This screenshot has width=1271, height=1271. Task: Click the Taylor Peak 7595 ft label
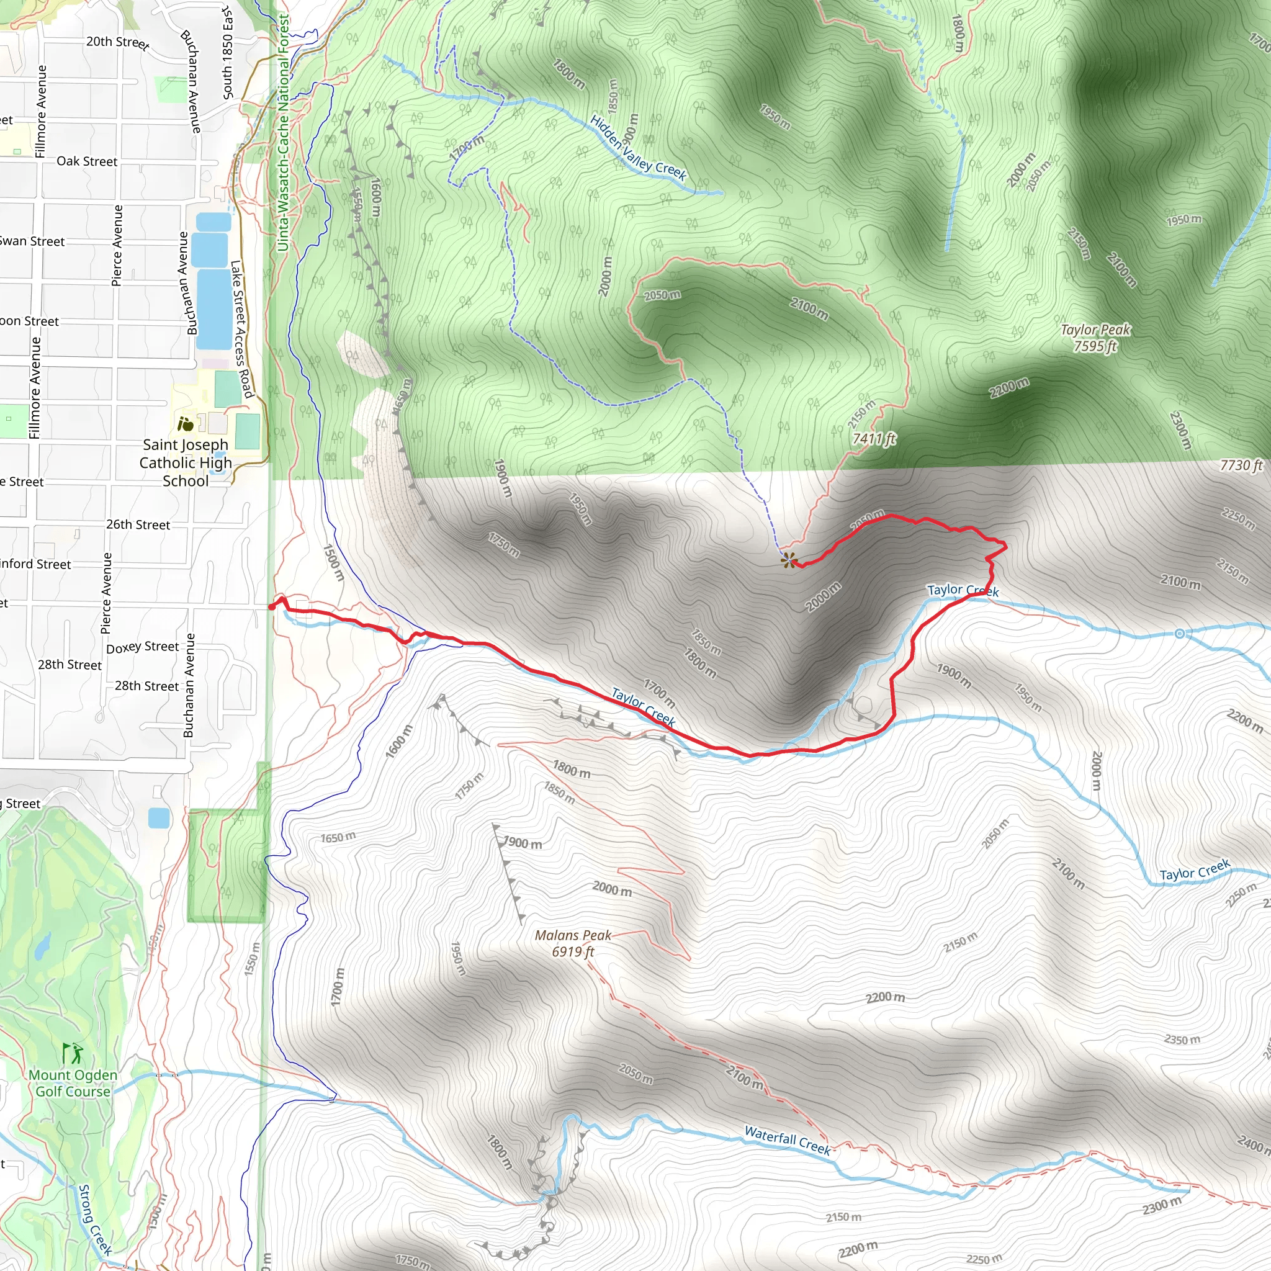tap(1095, 338)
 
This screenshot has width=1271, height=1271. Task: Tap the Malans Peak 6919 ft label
tap(572, 943)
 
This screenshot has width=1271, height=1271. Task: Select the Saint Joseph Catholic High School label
tap(186, 462)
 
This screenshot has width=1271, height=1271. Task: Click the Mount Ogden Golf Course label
tap(73, 1083)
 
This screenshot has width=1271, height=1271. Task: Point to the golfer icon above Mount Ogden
tap(73, 1053)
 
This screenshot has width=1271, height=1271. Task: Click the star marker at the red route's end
tap(788, 560)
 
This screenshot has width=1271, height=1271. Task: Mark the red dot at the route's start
tap(272, 606)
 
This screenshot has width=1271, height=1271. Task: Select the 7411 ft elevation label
tap(874, 438)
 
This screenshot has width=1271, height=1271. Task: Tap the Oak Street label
tap(87, 161)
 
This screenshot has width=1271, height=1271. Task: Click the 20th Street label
tap(118, 42)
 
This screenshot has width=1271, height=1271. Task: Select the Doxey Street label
tap(142, 647)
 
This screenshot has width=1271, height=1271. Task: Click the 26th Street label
tap(138, 524)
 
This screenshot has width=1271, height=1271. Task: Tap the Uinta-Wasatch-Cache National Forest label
tap(283, 132)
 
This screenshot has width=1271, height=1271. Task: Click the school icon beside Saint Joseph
tap(186, 424)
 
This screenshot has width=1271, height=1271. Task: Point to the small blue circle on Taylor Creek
tap(1180, 634)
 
